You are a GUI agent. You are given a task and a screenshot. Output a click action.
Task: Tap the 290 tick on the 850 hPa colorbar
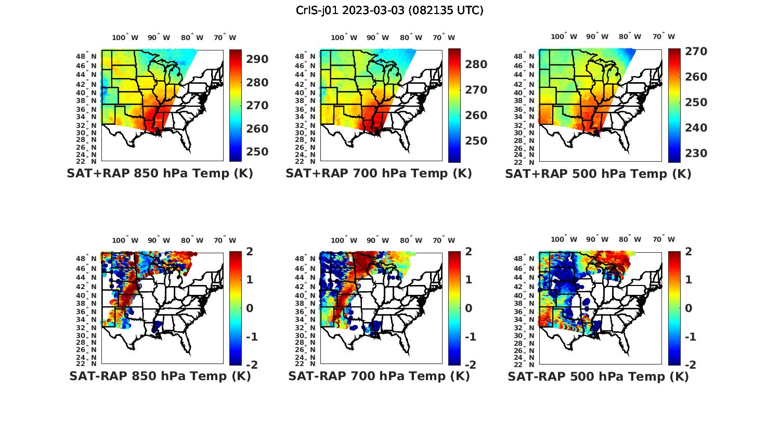[258, 59]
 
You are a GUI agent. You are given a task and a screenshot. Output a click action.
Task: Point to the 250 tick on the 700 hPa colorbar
[476, 141]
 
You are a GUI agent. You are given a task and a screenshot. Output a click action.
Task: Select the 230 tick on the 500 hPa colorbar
[696, 153]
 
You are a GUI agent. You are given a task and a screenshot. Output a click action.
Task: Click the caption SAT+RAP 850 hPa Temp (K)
[160, 173]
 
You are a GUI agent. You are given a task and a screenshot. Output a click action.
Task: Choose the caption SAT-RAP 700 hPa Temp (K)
[379, 376]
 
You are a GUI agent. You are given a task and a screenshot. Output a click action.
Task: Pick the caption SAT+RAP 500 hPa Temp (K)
[598, 174]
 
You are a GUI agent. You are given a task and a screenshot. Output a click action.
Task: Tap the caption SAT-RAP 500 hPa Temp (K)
[598, 376]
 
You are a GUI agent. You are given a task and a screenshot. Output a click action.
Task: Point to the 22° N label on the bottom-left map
[86, 363]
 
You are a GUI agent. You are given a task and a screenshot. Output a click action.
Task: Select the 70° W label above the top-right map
[664, 37]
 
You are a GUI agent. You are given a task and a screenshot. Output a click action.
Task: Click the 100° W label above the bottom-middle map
[344, 240]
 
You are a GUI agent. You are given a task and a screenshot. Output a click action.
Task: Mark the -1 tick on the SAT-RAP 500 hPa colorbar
[690, 337]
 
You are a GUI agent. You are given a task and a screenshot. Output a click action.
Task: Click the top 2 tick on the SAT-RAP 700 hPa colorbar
[469, 252]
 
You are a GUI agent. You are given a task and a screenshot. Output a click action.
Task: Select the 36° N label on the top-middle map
[305, 110]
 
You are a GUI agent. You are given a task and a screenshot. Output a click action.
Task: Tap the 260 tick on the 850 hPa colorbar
[258, 129]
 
